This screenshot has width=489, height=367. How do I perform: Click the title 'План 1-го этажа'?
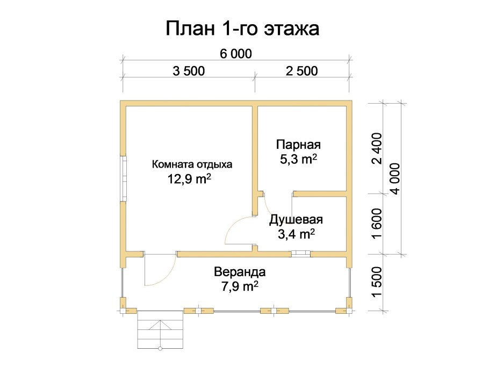coord(242,28)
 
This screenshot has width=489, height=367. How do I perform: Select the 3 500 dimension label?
coord(189,71)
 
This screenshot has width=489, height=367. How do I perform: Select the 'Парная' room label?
coord(298,145)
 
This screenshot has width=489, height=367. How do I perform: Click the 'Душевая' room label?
coord(296,219)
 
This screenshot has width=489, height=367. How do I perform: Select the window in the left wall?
coord(123,178)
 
